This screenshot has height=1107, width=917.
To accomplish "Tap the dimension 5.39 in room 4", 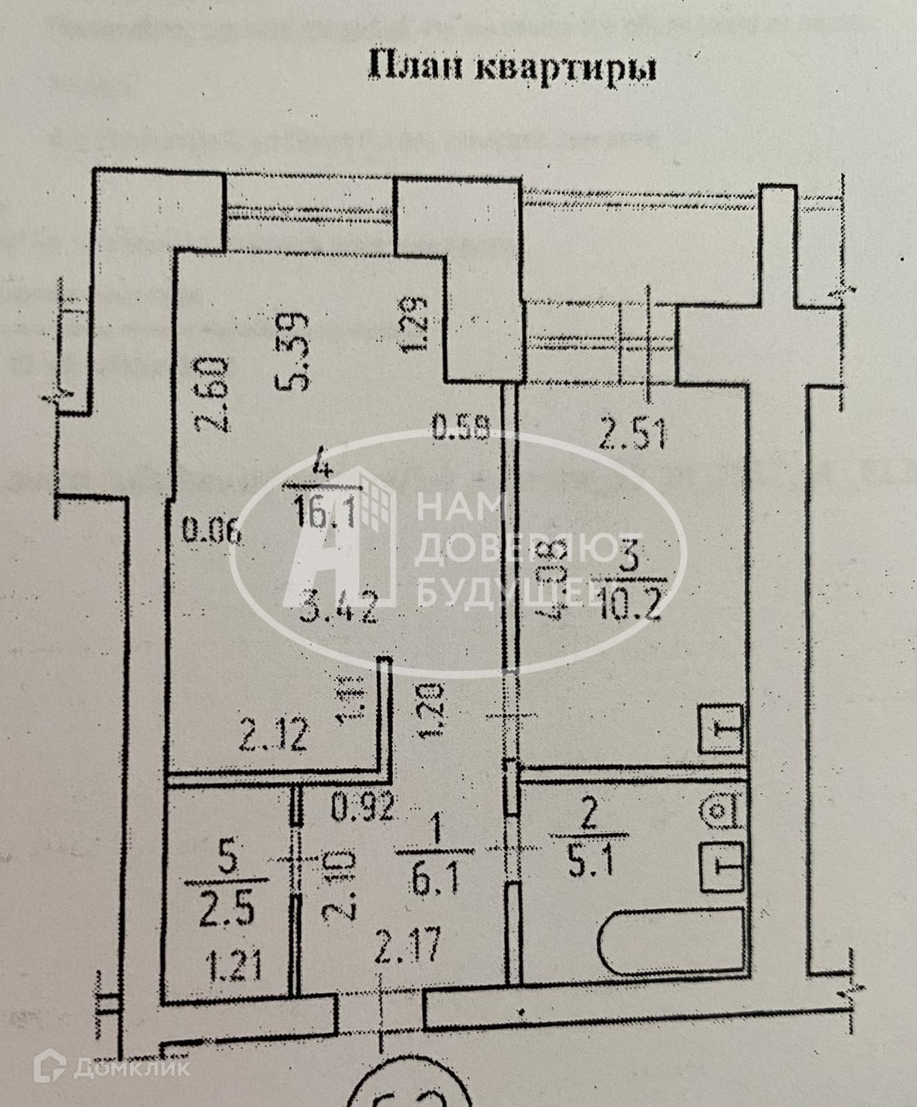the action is coord(297,351).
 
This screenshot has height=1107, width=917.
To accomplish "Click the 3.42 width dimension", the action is coord(340,610).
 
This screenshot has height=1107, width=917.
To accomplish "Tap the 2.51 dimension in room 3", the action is coord(632,436).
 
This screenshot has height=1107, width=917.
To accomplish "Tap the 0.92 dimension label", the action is coord(362,807).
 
